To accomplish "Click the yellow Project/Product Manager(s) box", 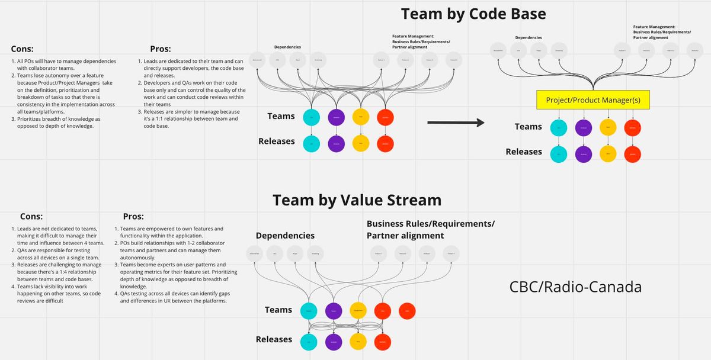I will (x=593, y=99).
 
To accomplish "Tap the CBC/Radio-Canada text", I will (x=575, y=287).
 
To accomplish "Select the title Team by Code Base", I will (x=473, y=14).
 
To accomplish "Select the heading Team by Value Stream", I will (x=357, y=200).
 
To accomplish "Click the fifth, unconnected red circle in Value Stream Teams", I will (x=408, y=311).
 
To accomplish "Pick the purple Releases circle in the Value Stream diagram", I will (x=334, y=342).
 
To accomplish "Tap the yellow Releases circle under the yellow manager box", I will (x=608, y=153).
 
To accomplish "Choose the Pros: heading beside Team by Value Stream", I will (x=133, y=217).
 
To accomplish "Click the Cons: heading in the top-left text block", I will (x=22, y=50).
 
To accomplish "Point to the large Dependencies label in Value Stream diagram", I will (x=285, y=236).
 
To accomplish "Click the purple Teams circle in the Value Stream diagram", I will (x=334, y=311).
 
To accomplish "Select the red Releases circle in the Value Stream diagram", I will (x=383, y=342).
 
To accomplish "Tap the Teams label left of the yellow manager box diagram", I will (x=528, y=127).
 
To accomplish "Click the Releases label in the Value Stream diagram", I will (x=274, y=339).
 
